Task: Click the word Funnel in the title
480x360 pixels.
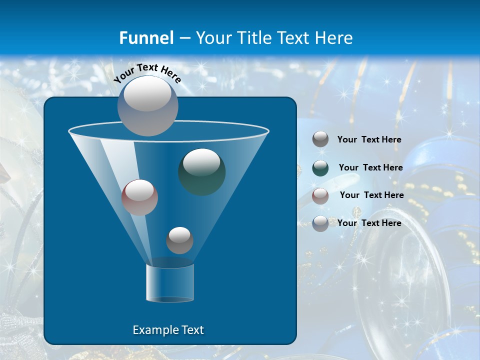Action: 146,38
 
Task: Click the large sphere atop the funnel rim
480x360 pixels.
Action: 147,106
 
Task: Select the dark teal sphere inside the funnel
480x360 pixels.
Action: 201,171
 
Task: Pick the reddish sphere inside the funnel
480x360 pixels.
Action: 139,197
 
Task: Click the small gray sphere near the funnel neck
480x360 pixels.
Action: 179,240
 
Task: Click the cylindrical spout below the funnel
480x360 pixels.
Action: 170,282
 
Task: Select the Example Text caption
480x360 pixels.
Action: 168,330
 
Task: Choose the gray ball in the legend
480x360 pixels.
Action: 320,139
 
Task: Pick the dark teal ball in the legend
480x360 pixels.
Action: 320,167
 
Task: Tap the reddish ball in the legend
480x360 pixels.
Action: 320,195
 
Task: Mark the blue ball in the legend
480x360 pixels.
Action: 320,223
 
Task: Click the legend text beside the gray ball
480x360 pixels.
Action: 369,139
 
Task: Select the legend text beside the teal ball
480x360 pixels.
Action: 371,167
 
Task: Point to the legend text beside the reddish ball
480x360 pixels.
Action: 372,195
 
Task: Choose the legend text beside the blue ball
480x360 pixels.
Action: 369,223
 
